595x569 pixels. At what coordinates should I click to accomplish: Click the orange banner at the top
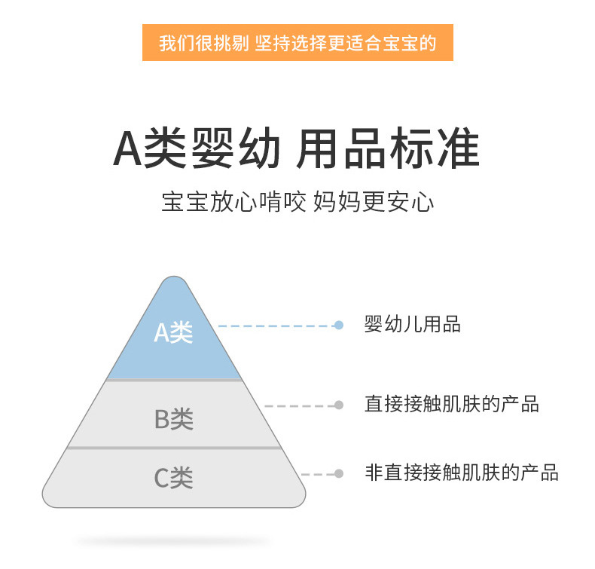pos(297,43)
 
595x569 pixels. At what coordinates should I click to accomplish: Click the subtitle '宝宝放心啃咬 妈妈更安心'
pos(297,202)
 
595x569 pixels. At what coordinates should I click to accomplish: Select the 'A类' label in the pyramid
pos(173,332)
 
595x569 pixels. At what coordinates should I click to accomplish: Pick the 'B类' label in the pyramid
pos(174,419)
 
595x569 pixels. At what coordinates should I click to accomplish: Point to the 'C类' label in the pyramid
pos(174,477)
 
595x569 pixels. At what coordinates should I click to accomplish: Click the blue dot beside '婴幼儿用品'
pos(339,326)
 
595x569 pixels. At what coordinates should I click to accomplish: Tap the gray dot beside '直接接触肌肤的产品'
pos(339,405)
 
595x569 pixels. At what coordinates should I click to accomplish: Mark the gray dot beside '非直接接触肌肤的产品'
pos(339,474)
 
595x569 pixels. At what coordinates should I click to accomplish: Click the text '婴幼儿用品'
pos(412,325)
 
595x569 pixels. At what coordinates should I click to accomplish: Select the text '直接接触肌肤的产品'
pos(451,405)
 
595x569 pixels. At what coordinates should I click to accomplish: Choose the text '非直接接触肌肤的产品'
pos(461,473)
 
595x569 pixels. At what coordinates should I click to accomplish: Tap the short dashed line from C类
pos(318,475)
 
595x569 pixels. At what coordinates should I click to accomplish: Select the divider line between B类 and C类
pos(174,448)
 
